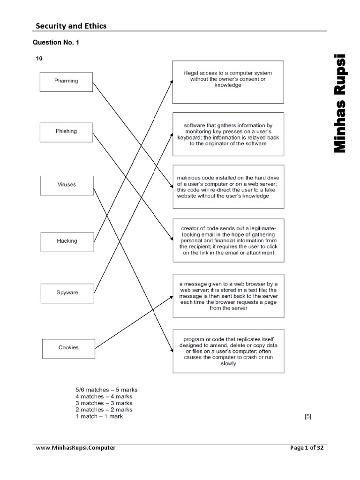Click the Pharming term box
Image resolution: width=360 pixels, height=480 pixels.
(66, 81)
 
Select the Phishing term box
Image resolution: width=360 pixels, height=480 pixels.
(66, 131)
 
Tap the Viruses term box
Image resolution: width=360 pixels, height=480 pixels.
(67, 185)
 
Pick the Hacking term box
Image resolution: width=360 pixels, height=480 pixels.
(67, 241)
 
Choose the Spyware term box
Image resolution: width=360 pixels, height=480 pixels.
(67, 292)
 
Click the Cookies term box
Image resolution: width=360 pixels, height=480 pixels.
(68, 348)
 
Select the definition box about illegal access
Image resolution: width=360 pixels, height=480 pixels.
(228, 82)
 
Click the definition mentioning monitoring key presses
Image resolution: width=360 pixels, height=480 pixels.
(228, 134)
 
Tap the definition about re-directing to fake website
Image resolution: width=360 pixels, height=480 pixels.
(228, 187)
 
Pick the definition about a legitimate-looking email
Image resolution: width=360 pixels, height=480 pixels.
(228, 240)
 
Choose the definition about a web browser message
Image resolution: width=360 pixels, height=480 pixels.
(228, 296)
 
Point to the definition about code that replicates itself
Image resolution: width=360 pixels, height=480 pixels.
(228, 351)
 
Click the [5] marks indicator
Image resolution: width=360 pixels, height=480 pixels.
(307, 416)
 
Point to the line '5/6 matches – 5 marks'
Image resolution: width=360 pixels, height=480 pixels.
(106, 390)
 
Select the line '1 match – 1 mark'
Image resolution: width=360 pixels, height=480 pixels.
(99, 416)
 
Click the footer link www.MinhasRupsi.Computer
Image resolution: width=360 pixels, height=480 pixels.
(76, 448)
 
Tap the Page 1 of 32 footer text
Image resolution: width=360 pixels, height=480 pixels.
(307, 448)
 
